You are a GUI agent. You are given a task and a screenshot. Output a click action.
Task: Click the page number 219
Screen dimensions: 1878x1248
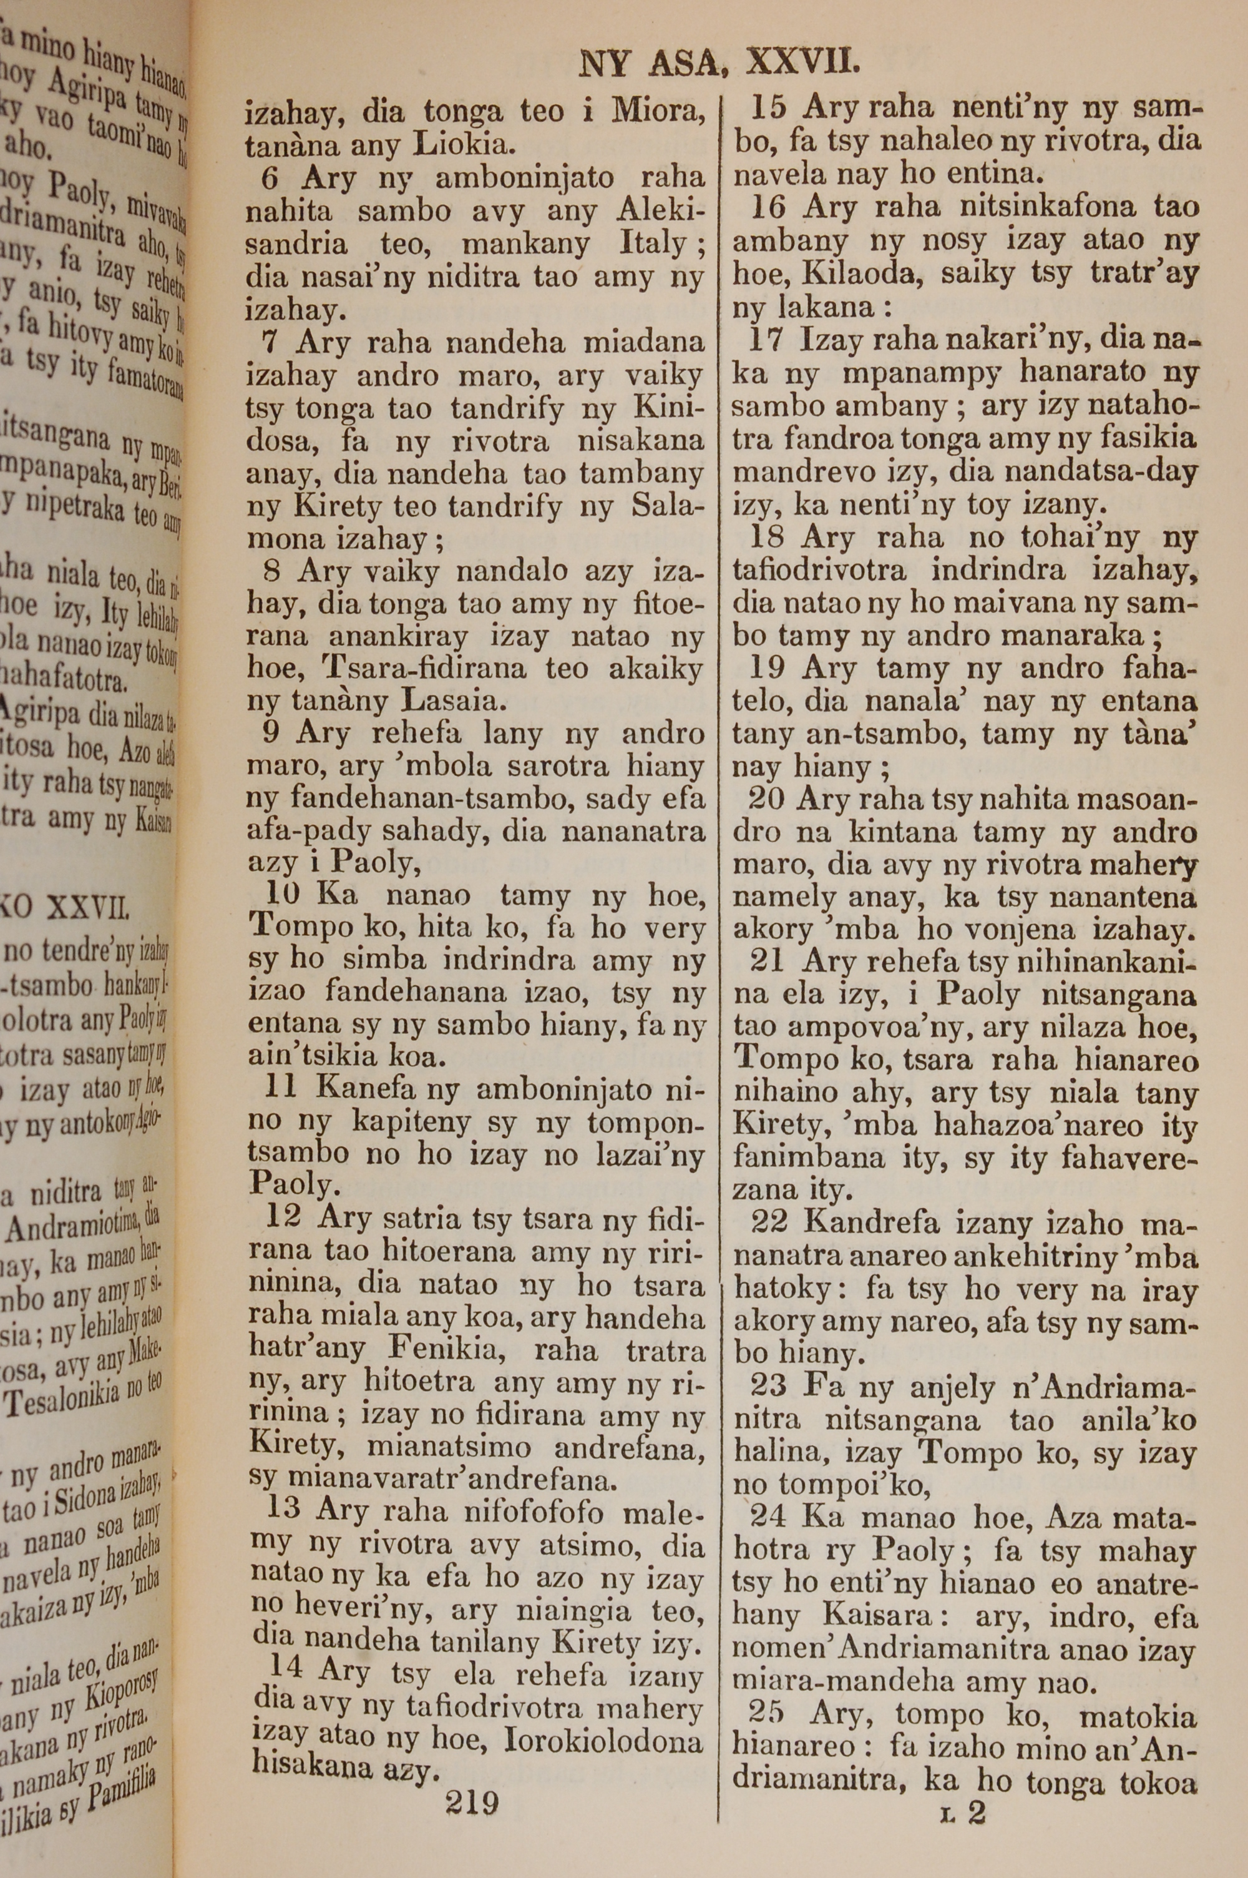click(x=472, y=1800)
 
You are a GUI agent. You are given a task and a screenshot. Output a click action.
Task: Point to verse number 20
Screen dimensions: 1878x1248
click(x=768, y=799)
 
